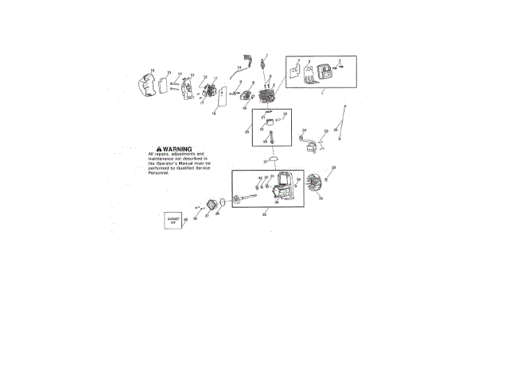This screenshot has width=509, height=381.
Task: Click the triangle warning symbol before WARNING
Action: pos(160,148)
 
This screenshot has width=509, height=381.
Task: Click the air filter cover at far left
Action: pos(144,87)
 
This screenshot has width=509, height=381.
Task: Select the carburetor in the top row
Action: pos(212,91)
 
